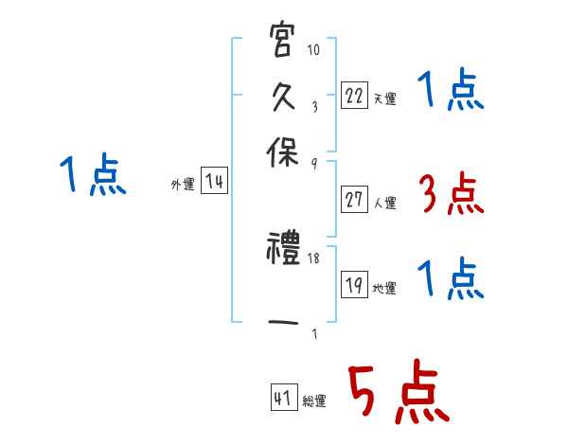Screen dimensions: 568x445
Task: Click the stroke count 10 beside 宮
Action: pos(314,49)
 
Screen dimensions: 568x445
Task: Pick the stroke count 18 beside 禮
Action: pos(314,257)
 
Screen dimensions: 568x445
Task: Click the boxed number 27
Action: pos(354,201)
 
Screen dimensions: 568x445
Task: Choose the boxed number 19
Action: pos(354,286)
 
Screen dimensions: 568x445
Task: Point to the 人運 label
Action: pos(384,203)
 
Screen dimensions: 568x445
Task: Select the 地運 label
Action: pos(384,289)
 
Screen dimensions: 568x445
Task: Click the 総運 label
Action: pos(314,400)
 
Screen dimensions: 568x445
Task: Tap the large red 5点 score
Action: pos(399,394)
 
